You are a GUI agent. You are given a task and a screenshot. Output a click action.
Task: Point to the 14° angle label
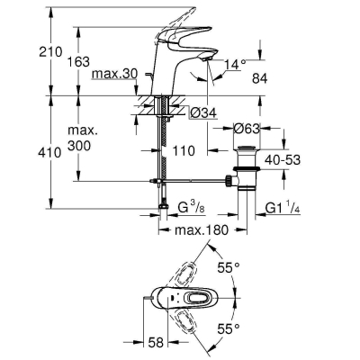tap(234, 64)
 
